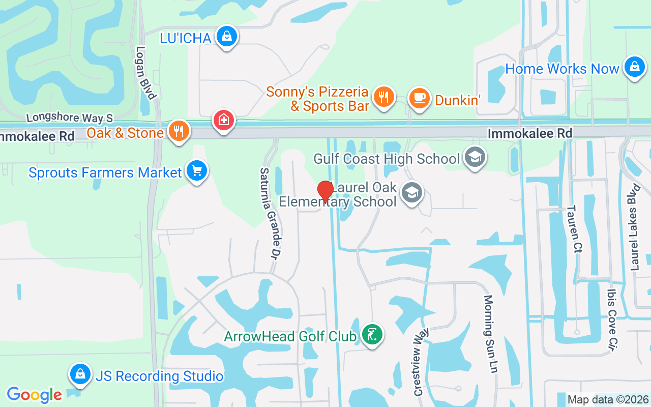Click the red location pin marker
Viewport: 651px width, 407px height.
[x=325, y=191]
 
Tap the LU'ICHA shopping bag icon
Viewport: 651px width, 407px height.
[x=227, y=37]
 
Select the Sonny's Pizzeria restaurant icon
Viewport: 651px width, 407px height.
[x=383, y=96]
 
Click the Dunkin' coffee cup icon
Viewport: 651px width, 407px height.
[x=419, y=98]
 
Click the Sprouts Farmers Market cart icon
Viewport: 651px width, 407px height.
[x=196, y=171]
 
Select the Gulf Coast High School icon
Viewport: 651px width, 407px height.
[x=475, y=158]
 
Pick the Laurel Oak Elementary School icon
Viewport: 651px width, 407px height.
[x=411, y=193]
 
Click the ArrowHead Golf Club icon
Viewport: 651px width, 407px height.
[x=372, y=335]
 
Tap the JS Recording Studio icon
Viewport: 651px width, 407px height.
[x=80, y=374]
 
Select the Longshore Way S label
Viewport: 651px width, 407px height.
[x=69, y=118]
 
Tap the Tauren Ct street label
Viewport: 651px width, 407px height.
[x=575, y=229]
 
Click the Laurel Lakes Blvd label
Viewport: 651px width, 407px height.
[x=634, y=227]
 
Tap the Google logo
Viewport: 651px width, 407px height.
[x=35, y=394]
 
